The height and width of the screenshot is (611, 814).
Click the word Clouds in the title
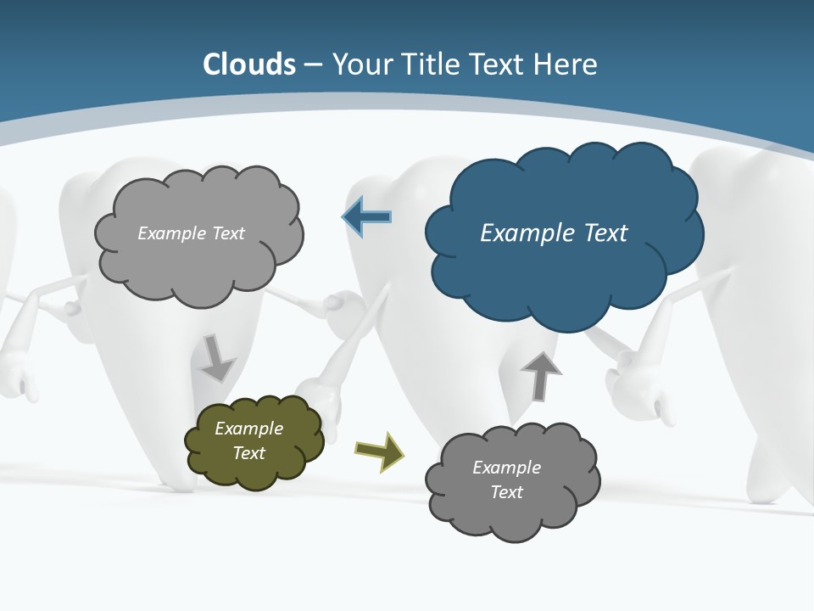click(249, 64)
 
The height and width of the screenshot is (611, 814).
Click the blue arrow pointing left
click(367, 217)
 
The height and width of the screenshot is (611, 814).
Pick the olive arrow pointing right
click(379, 451)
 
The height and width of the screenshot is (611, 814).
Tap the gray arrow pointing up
click(541, 374)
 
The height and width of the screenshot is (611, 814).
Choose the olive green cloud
click(254, 441)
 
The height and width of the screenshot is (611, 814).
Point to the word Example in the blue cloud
click(523, 233)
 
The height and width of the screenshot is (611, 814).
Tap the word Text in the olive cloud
click(249, 453)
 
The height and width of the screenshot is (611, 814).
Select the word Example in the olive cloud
click(248, 429)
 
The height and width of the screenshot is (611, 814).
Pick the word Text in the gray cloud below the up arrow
click(506, 492)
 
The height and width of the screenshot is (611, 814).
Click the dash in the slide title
click(313, 64)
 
